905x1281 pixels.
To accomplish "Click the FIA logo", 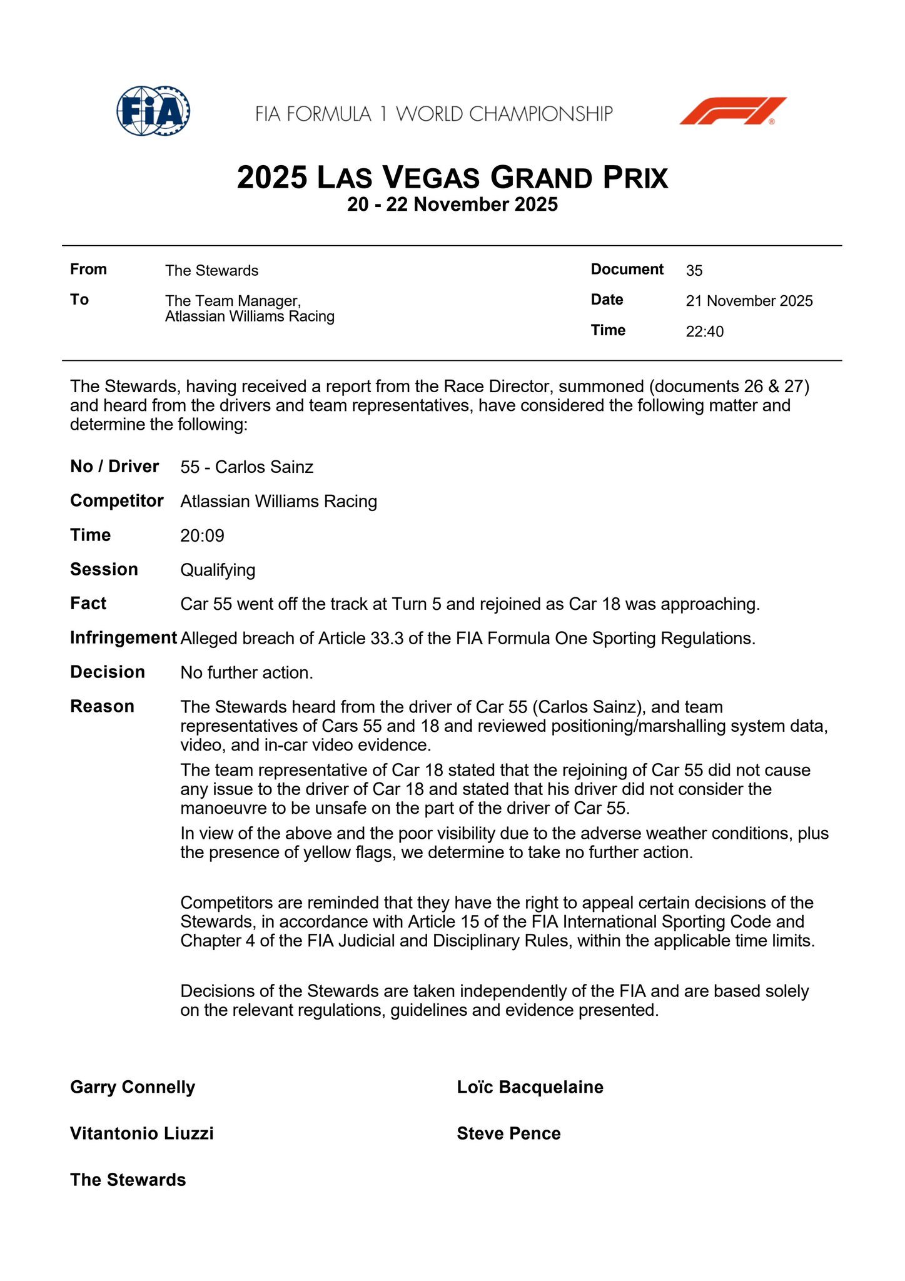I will point(153,112).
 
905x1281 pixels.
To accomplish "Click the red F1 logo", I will point(732,111).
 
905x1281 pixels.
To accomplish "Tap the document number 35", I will point(694,271).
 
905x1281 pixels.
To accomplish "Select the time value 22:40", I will point(704,332).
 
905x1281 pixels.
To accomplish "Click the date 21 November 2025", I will point(749,301).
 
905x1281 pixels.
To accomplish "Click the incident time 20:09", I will point(202,535).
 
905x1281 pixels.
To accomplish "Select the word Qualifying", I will point(218,570).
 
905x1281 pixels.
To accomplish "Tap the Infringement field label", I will point(123,638).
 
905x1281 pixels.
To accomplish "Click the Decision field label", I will point(108,672).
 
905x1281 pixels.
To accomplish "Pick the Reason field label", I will point(102,707).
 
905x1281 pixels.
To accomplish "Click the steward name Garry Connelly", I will point(133,1087).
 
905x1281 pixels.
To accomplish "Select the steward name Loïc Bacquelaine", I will point(530,1087).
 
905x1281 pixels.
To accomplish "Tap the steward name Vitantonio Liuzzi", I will point(142,1133).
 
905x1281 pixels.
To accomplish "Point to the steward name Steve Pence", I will point(508,1133).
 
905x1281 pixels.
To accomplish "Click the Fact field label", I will point(88,604).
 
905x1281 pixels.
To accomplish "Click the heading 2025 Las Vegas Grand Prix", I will point(452,178).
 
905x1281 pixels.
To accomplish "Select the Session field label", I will point(104,570).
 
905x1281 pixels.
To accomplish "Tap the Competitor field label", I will point(117,501).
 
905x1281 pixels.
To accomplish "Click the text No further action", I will point(246,673).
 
